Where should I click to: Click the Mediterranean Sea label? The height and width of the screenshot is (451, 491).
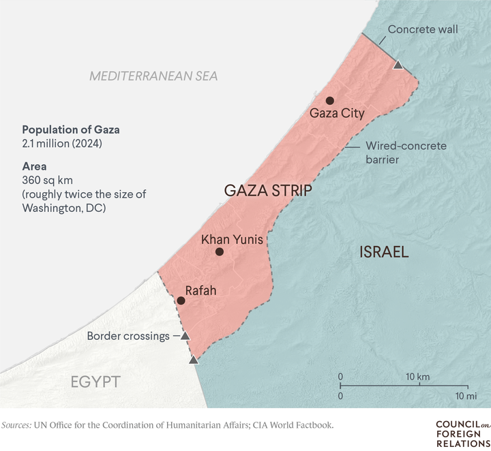point(153,76)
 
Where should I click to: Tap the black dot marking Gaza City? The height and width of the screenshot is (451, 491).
point(330,100)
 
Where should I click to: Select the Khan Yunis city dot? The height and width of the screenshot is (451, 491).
point(220,252)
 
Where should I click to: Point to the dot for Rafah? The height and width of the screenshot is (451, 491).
point(181,300)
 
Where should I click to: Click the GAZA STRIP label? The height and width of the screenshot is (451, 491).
point(268,191)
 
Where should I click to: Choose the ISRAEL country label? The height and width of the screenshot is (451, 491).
point(384,253)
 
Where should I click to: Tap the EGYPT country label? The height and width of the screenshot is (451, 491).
point(95,382)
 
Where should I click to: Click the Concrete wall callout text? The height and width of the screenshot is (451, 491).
point(423,29)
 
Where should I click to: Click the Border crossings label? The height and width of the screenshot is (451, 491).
point(128,336)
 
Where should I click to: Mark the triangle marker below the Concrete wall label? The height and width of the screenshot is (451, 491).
point(398,65)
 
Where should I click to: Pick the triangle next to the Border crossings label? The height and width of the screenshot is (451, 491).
point(185,336)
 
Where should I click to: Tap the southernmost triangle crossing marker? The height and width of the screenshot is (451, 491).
point(194,359)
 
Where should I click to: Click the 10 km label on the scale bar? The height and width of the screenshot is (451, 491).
point(418,377)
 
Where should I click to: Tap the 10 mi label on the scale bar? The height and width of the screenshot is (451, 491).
point(466,396)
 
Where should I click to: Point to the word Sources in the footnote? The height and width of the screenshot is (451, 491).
point(20,425)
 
